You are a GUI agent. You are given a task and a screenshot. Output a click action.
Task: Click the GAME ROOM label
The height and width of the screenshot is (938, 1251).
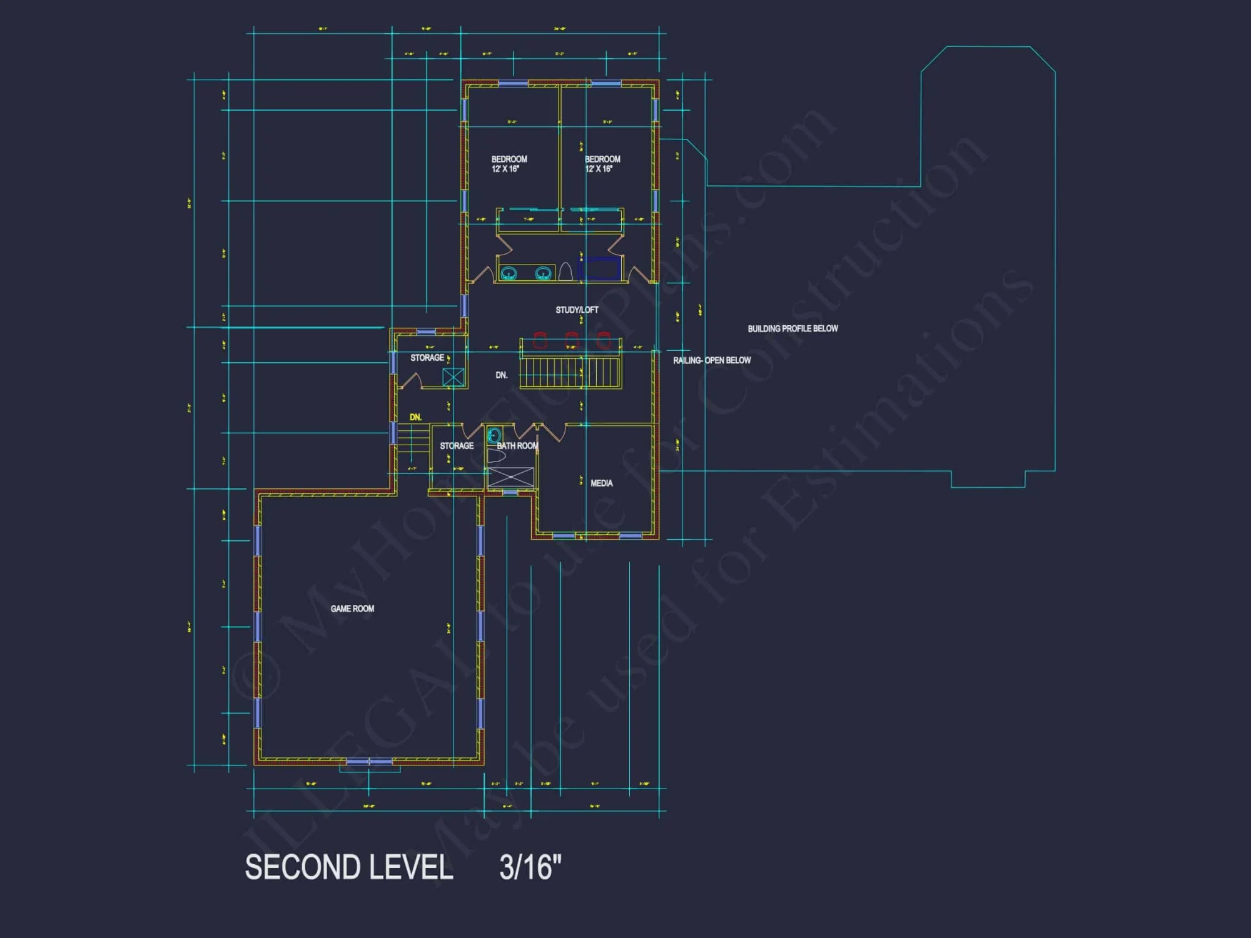(x=352, y=608)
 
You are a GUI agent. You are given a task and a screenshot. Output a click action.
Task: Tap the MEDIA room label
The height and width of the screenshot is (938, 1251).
(x=601, y=483)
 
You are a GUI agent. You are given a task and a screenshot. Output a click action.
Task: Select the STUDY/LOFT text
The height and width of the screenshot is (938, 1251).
(x=577, y=310)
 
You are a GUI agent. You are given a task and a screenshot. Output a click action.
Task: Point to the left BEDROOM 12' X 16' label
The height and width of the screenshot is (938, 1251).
(x=509, y=164)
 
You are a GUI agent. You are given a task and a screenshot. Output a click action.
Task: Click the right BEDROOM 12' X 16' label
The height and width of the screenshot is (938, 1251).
(x=602, y=164)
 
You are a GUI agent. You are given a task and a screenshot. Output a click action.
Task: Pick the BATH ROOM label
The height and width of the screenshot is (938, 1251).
(x=517, y=446)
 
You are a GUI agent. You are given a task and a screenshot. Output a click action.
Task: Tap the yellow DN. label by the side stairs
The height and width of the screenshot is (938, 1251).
(x=415, y=417)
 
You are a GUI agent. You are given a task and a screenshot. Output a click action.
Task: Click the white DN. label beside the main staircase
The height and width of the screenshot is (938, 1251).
(x=501, y=375)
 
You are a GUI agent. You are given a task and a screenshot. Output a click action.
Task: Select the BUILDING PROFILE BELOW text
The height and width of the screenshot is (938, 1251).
(x=793, y=328)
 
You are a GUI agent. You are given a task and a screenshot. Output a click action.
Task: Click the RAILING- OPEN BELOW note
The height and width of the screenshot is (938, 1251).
(x=712, y=360)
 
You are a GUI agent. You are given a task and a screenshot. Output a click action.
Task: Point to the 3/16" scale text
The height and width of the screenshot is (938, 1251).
(x=530, y=867)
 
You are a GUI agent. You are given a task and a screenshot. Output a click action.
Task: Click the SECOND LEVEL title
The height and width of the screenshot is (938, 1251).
(x=348, y=867)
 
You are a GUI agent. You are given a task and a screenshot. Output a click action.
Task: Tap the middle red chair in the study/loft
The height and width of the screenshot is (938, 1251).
(x=572, y=340)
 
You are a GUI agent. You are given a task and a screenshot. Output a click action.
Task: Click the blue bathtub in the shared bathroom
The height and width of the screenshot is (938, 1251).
(x=599, y=269)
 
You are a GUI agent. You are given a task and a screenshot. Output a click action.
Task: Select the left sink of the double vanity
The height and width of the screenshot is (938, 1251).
(x=509, y=273)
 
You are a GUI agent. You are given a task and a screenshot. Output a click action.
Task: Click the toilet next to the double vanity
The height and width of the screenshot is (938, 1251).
(x=565, y=271)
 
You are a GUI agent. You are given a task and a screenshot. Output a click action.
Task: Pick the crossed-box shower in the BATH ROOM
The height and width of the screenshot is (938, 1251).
(x=511, y=477)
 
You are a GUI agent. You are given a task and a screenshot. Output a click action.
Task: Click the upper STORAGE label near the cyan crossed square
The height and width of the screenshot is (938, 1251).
(x=427, y=358)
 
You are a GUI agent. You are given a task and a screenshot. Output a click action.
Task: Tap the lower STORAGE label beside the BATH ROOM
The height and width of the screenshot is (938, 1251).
(x=457, y=446)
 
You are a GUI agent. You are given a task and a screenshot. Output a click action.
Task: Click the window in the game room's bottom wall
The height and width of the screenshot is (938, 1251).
(x=369, y=762)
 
